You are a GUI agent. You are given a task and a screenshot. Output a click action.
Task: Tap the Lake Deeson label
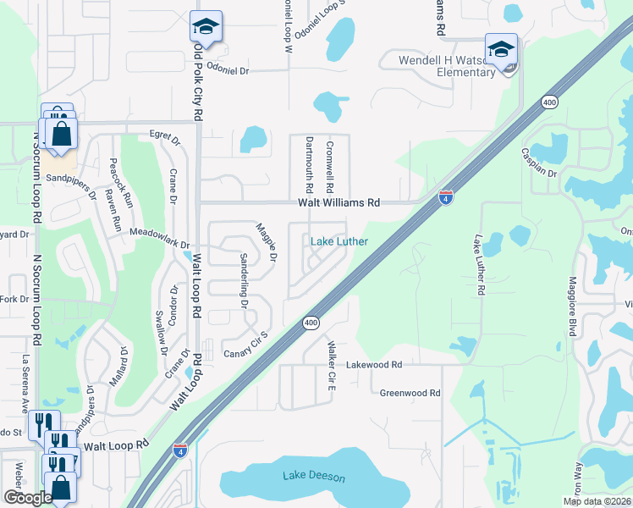tap(314, 477)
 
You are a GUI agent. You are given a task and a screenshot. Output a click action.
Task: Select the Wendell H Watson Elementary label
tap(448, 66)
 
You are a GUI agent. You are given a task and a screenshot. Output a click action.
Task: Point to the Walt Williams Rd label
tap(339, 203)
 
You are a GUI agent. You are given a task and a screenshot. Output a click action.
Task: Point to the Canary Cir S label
tap(245, 345)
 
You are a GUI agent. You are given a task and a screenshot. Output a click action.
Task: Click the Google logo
tap(28, 498)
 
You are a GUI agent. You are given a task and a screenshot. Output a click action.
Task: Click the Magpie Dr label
tap(267, 240)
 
